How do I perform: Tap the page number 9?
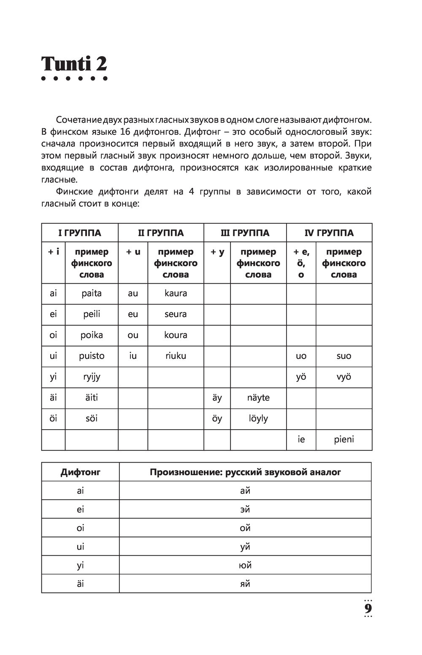click(x=368, y=609)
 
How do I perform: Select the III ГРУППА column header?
click(x=245, y=233)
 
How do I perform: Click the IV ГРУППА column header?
click(x=329, y=233)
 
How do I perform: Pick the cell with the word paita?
click(x=92, y=293)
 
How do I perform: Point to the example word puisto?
click(x=92, y=356)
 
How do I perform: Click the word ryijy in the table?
click(x=92, y=377)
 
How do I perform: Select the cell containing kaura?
click(x=176, y=293)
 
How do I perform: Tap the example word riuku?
click(x=176, y=356)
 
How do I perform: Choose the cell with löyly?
click(x=258, y=419)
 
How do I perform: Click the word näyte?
click(x=258, y=398)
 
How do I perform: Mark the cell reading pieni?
click(x=344, y=439)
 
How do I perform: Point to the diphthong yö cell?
click(x=301, y=377)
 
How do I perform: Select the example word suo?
click(x=344, y=356)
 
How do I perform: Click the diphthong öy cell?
click(x=217, y=419)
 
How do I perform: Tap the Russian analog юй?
click(x=245, y=565)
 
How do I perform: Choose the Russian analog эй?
click(x=245, y=509)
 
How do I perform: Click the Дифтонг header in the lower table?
click(x=80, y=472)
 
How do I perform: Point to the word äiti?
click(x=92, y=398)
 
